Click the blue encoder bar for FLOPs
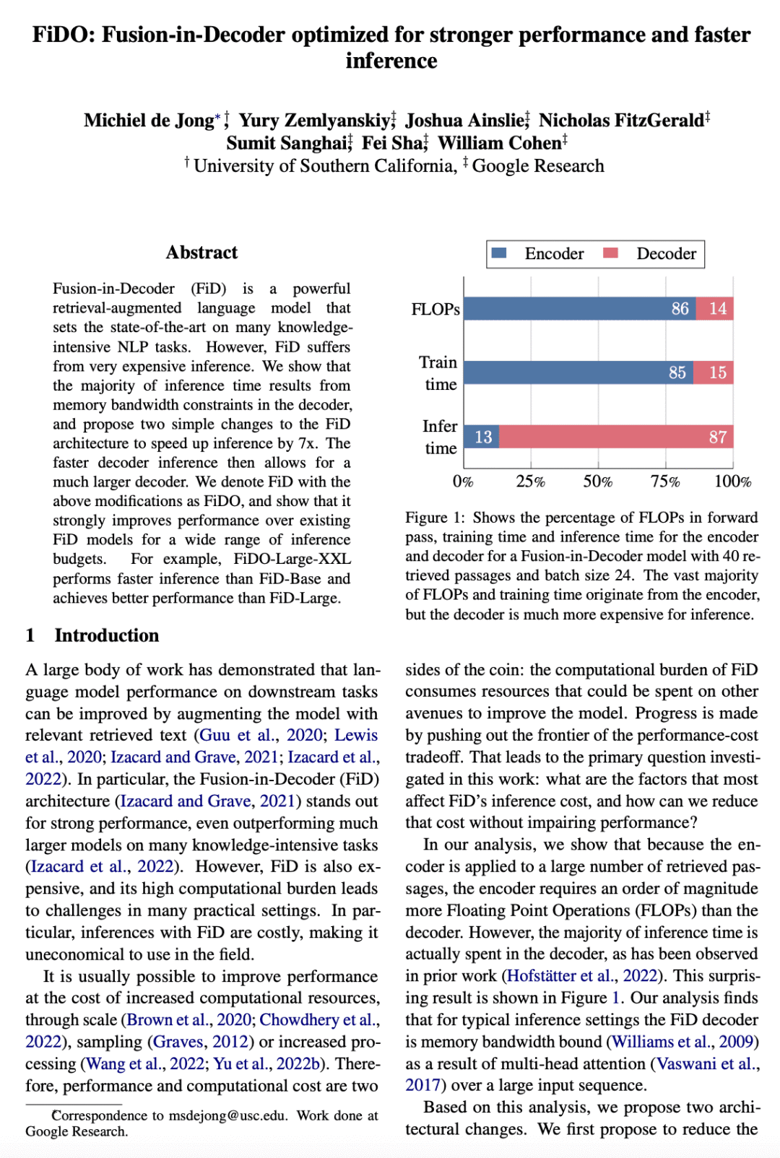click(x=578, y=309)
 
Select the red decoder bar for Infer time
click(x=614, y=437)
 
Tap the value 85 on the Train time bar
click(x=677, y=373)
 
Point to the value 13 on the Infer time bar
click(x=483, y=437)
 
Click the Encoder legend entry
click(x=538, y=253)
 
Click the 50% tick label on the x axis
click(x=598, y=482)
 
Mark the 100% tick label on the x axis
click(x=732, y=482)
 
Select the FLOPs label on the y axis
click(x=435, y=309)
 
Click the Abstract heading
click(x=201, y=252)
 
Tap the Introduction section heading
click(x=106, y=635)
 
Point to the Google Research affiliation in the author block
click(x=538, y=166)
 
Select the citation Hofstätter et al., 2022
click(x=581, y=976)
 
